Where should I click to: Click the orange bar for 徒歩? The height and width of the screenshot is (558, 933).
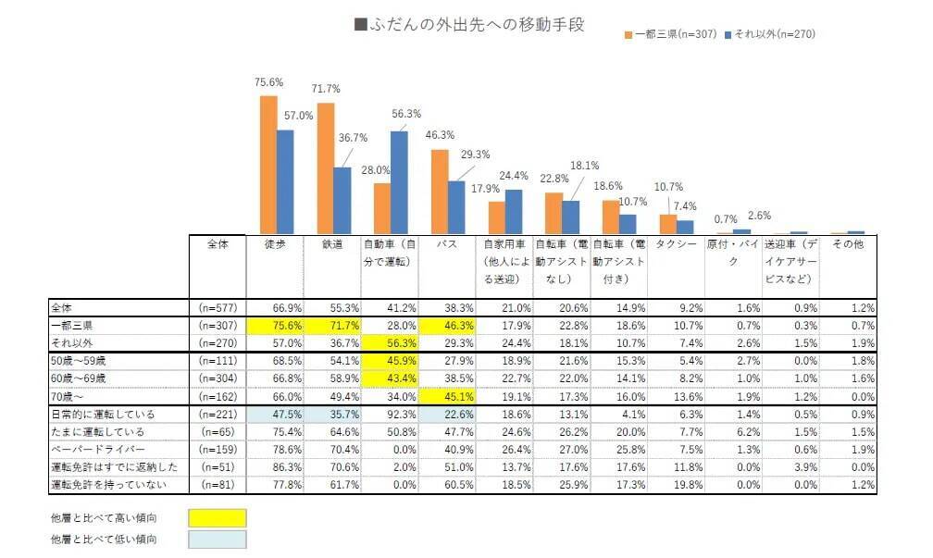coord(268,164)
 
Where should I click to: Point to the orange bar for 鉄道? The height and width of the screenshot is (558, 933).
coord(326,167)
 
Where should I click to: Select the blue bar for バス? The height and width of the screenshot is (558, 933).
coord(457,206)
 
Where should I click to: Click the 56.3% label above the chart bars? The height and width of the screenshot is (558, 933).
coord(406,114)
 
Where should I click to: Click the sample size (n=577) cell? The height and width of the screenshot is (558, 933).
coord(218,307)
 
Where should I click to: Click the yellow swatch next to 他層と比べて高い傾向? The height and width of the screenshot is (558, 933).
coord(217,515)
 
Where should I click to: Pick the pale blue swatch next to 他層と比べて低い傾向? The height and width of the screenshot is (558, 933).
coord(217,539)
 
